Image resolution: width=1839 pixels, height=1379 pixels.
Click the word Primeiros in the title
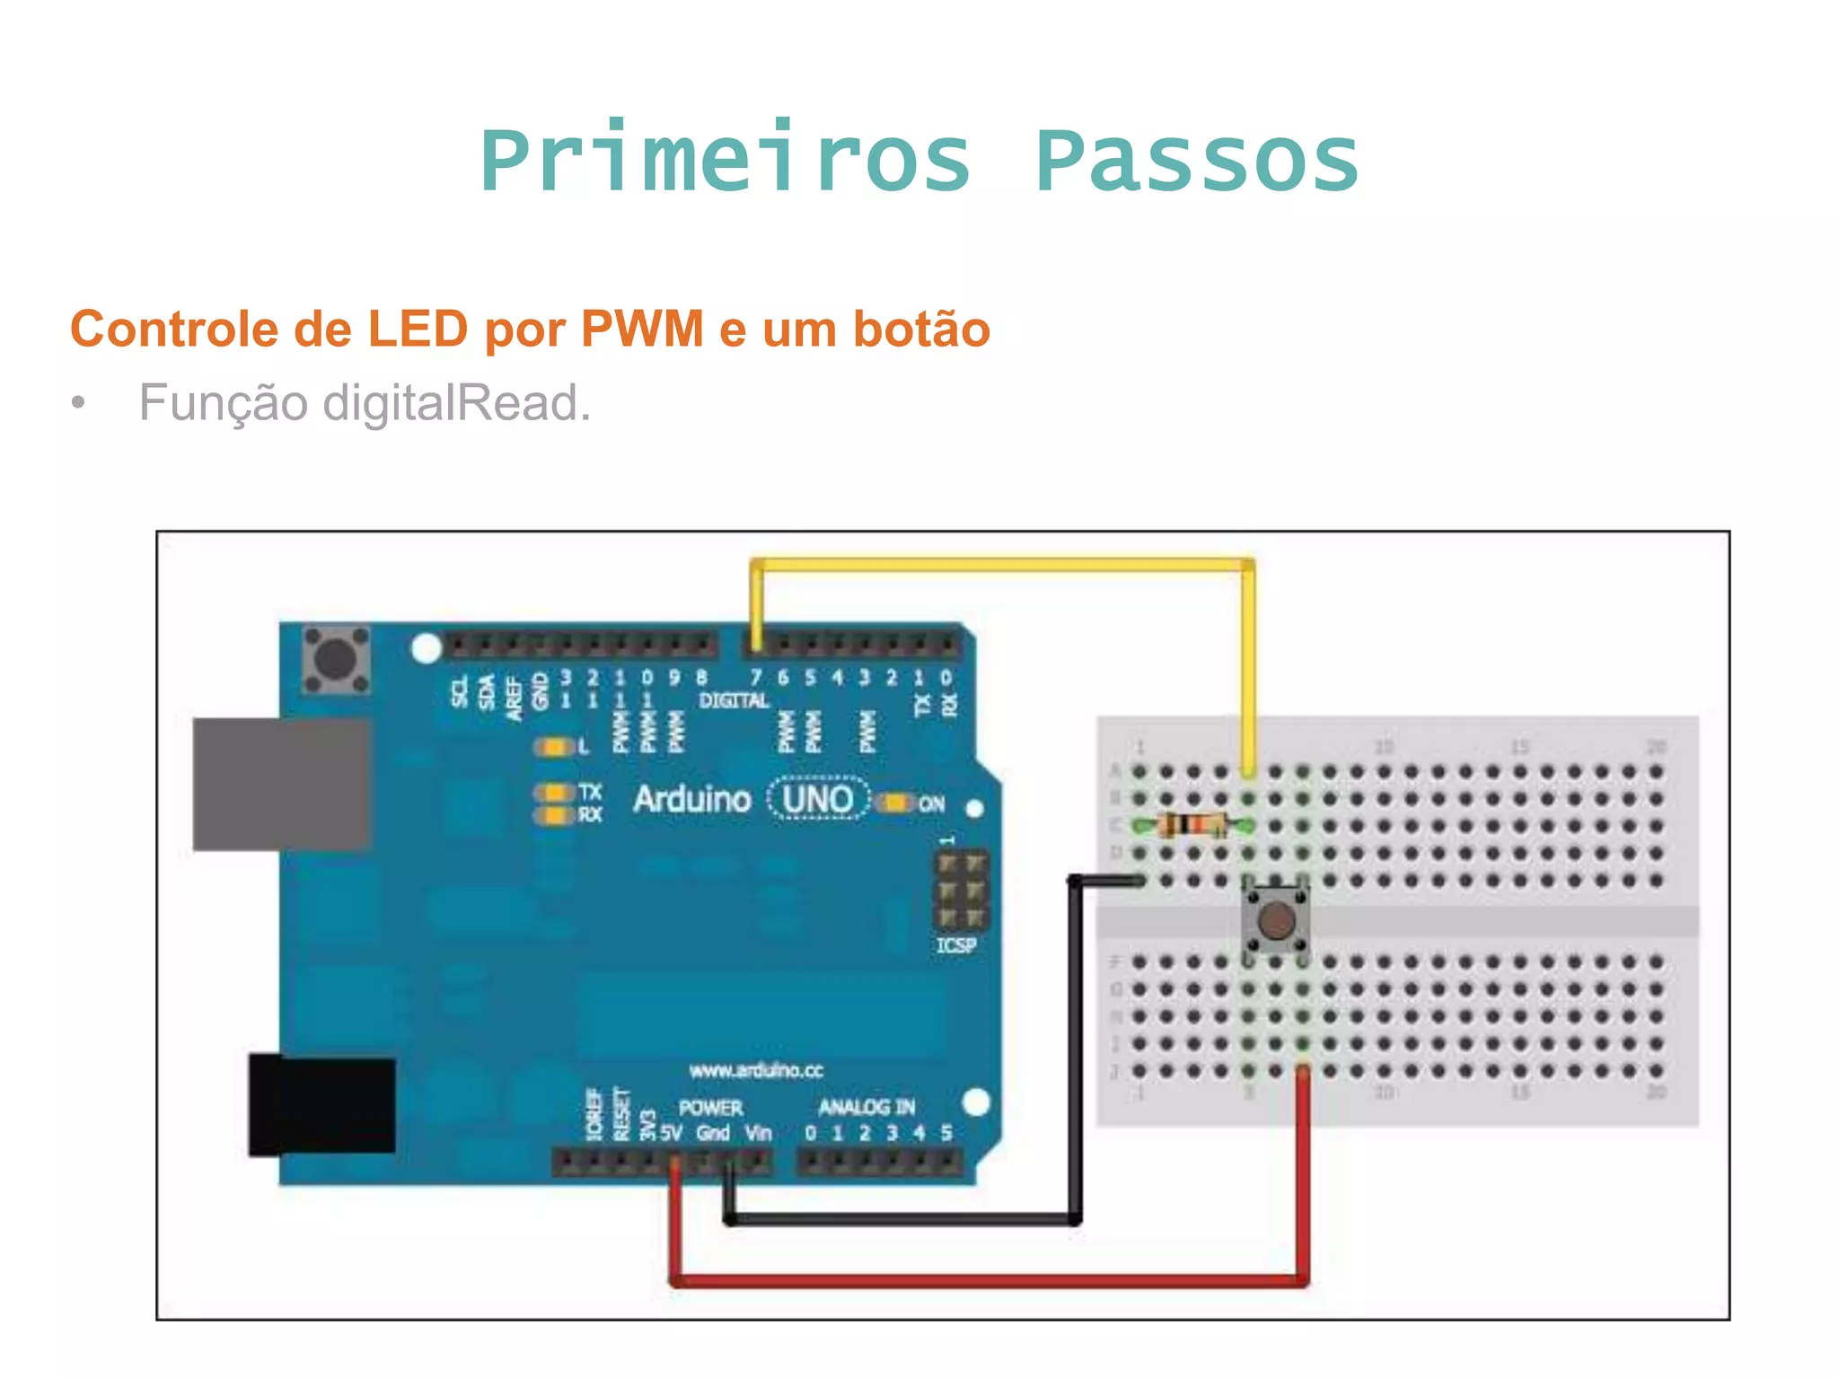click(x=726, y=162)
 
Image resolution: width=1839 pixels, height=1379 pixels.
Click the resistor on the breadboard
click(x=1192, y=824)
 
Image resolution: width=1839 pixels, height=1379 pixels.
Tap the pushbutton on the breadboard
click(x=1276, y=919)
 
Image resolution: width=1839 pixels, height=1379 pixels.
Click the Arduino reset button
click(x=336, y=660)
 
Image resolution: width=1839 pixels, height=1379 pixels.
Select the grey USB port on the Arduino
click(x=282, y=783)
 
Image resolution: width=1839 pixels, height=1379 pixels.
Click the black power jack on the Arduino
click(x=321, y=1105)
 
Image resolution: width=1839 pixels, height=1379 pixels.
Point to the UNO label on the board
click(x=817, y=799)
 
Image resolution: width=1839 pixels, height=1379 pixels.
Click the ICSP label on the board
click(x=955, y=945)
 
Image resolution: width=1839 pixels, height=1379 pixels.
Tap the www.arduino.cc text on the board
click(x=756, y=1070)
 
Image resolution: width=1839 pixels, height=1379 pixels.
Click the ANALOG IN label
click(x=867, y=1107)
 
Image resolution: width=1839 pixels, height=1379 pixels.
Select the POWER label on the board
click(x=710, y=1108)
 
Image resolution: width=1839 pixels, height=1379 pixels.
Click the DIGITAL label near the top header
click(x=734, y=700)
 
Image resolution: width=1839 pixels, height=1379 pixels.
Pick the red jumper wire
click(x=988, y=1280)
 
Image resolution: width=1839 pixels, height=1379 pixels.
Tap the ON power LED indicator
click(x=895, y=803)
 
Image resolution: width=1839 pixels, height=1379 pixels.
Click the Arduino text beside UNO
click(x=691, y=799)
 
